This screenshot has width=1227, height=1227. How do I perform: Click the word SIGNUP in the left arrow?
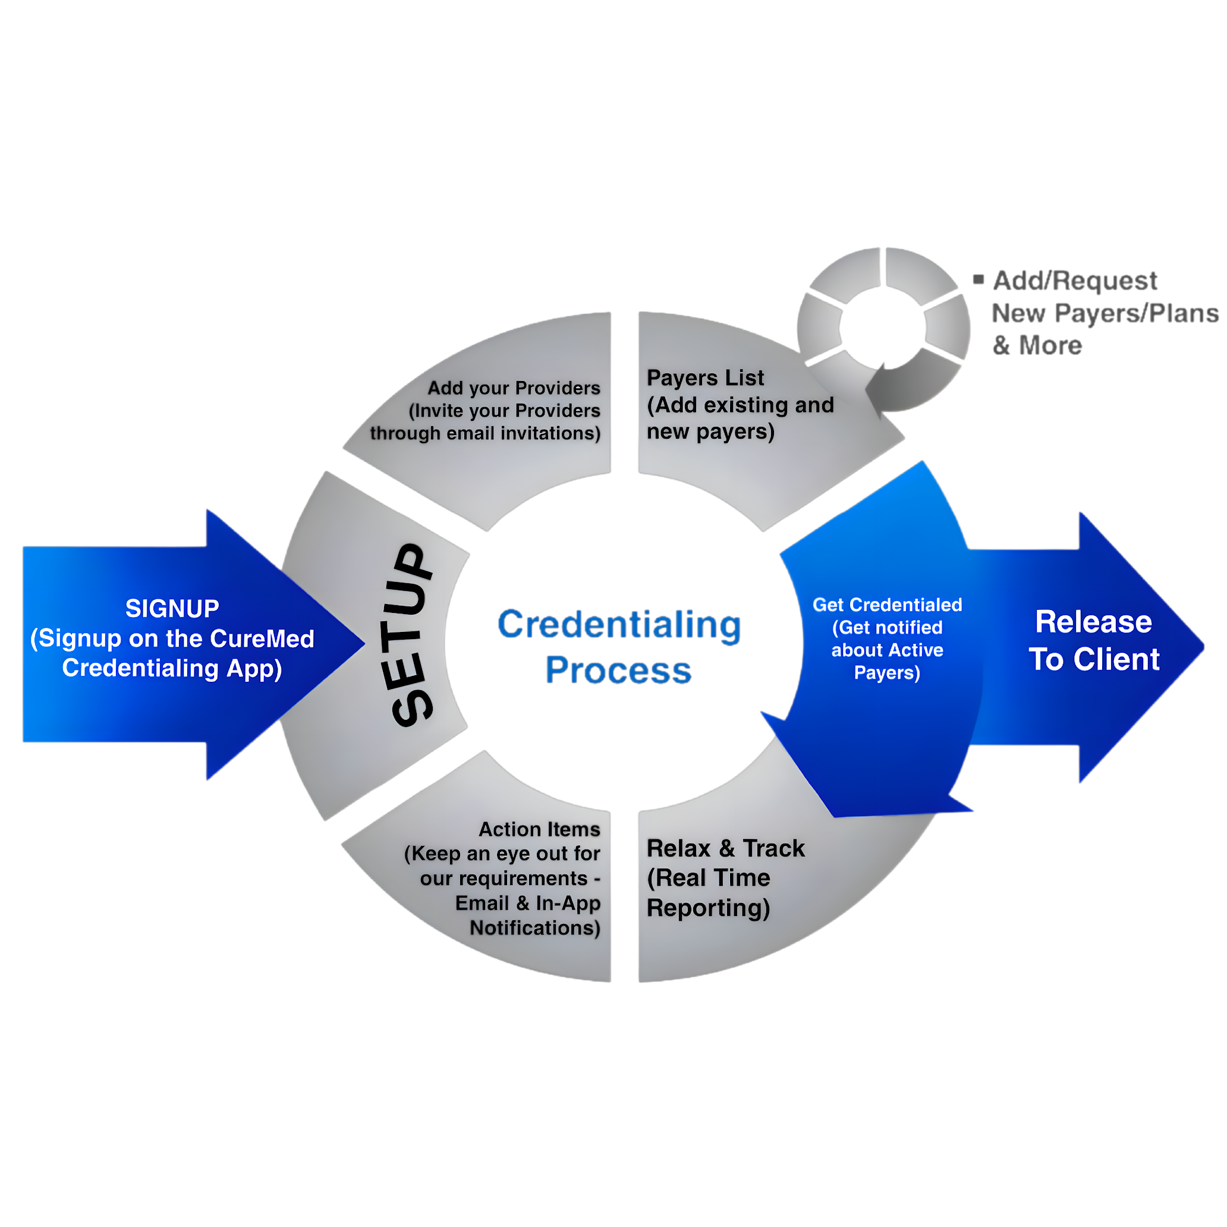click(x=172, y=608)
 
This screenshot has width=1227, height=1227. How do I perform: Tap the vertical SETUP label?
click(x=411, y=635)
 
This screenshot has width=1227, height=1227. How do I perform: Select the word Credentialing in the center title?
click(x=619, y=625)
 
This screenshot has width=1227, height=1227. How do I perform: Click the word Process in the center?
click(x=618, y=671)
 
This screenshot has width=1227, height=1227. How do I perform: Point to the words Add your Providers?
click(x=513, y=388)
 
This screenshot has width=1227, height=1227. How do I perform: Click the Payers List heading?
click(x=705, y=378)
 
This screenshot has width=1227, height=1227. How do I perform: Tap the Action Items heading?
click(x=539, y=829)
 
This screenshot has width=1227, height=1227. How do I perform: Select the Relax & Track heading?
click(x=725, y=848)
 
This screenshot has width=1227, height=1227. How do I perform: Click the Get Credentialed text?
click(x=887, y=605)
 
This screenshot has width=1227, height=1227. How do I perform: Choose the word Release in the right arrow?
click(x=1093, y=622)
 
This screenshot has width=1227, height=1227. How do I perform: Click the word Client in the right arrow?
click(x=1116, y=659)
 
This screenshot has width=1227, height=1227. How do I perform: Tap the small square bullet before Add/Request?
click(x=979, y=279)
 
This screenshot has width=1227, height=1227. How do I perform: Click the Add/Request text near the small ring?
click(x=1075, y=281)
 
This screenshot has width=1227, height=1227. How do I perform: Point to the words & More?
click(x=1037, y=345)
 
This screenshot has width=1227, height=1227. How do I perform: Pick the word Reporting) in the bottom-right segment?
click(x=708, y=908)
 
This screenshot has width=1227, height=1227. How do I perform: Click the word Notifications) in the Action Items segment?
click(x=535, y=929)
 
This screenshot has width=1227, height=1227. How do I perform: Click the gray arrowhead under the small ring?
click(x=877, y=388)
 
